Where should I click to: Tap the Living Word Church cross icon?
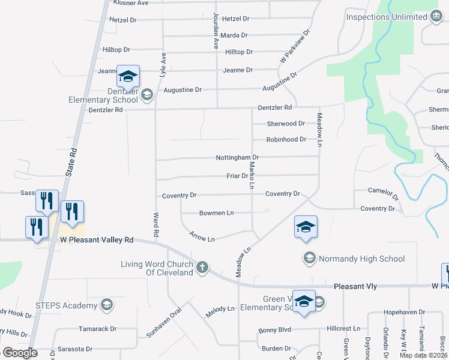203,266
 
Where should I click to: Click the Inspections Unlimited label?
386,17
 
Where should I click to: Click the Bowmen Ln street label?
217,213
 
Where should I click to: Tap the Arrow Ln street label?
202,238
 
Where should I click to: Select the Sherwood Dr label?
286,124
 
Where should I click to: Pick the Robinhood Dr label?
286,139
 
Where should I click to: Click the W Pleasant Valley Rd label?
97,240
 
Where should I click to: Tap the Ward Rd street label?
156,223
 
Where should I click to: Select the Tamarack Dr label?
98,329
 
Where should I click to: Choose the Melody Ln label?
220,308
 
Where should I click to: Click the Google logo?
20,353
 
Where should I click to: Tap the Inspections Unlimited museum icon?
437,17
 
